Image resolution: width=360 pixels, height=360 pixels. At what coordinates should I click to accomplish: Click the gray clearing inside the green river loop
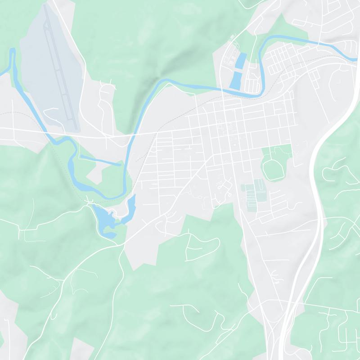pos(97,173)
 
